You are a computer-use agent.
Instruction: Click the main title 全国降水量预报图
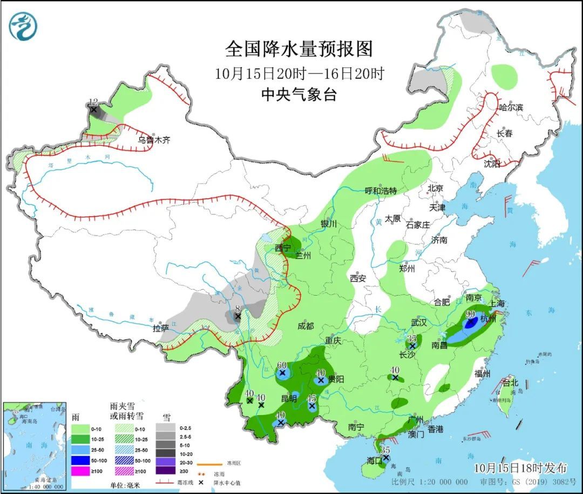tap(299, 49)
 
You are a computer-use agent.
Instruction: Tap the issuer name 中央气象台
tap(299, 95)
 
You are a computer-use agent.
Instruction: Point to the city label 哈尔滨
tap(511, 108)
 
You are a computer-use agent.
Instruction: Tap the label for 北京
tap(435, 188)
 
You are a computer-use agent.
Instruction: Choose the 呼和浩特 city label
tap(381, 191)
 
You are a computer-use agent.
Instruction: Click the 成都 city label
tap(305, 326)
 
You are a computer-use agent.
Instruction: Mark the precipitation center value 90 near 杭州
tap(470, 314)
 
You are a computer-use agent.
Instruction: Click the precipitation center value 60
tap(281, 365)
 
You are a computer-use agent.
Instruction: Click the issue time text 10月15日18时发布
tap(521, 467)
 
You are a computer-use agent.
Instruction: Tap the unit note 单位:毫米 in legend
tap(126, 485)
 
